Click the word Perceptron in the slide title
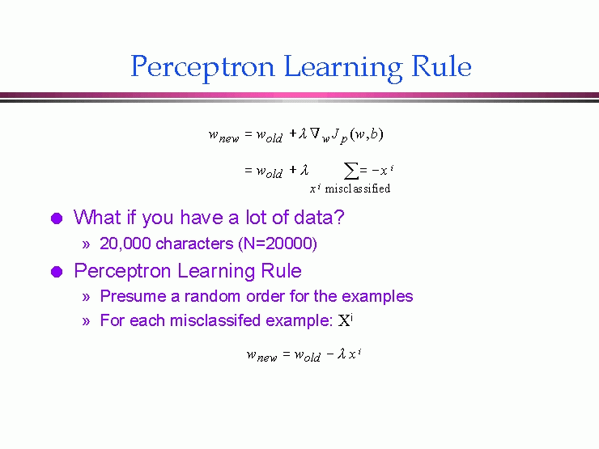[202, 68]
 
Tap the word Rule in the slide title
[441, 66]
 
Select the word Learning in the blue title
[343, 68]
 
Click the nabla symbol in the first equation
[314, 133]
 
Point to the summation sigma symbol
[351, 170]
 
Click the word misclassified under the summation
[357, 188]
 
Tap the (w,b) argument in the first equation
[367, 134]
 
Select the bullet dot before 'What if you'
[57, 218]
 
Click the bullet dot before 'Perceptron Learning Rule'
[57, 272]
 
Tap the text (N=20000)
[278, 244]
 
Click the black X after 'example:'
[344, 320]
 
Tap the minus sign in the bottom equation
[330, 354]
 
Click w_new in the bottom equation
[261, 355]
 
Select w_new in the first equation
[224, 135]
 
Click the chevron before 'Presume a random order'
[86, 297]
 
